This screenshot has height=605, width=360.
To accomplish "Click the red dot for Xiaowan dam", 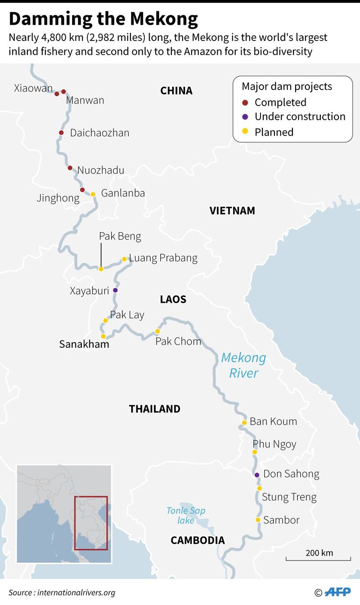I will (57, 94).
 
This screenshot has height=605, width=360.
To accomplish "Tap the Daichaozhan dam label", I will (99, 133).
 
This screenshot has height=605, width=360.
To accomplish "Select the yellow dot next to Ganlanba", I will (93, 194).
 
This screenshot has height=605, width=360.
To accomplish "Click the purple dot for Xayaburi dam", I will (115, 290).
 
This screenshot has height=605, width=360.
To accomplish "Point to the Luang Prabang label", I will (163, 258).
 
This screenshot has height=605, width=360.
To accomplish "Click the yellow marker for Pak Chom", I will (157, 331).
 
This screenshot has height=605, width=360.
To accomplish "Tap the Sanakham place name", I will (84, 344).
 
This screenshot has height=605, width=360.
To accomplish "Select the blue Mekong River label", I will (243, 365).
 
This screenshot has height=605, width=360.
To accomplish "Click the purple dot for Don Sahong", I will (257, 475).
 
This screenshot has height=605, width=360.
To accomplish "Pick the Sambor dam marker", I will (258, 520).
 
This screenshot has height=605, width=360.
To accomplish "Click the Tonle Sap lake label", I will (185, 515).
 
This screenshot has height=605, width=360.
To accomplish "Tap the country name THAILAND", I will (154, 409).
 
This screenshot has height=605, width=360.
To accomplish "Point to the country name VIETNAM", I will (232, 211).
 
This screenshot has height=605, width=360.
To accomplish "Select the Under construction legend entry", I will (300, 117).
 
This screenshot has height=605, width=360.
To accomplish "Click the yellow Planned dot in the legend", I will (245, 132).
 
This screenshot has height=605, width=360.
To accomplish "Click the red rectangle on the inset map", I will (91, 523).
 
